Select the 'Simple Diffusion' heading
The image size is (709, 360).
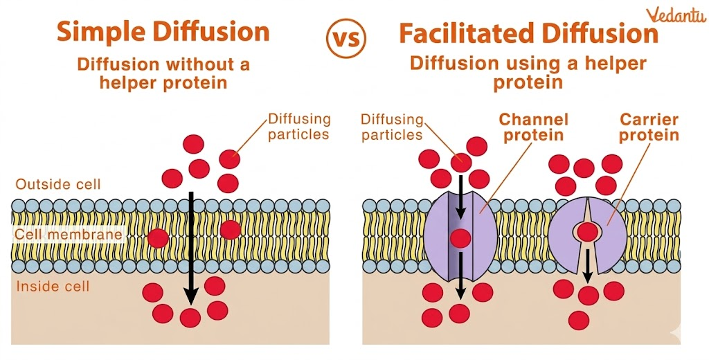click(x=163, y=32)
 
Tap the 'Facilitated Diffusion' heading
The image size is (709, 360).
click(x=528, y=33)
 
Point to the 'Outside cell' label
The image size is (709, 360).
click(x=58, y=184)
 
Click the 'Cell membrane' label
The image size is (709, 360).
click(x=69, y=235)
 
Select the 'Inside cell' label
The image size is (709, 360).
click(x=53, y=286)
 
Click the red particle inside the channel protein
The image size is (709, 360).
click(x=460, y=239)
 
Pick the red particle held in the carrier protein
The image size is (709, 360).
click(x=589, y=232)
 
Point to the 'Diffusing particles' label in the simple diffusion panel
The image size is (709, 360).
click(x=299, y=126)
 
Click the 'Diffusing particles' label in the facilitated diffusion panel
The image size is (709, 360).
click(x=392, y=127)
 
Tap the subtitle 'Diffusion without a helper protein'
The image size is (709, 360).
click(x=163, y=73)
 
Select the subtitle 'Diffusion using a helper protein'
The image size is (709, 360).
click(x=528, y=72)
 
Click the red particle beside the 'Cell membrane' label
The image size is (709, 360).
click(x=158, y=238)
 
